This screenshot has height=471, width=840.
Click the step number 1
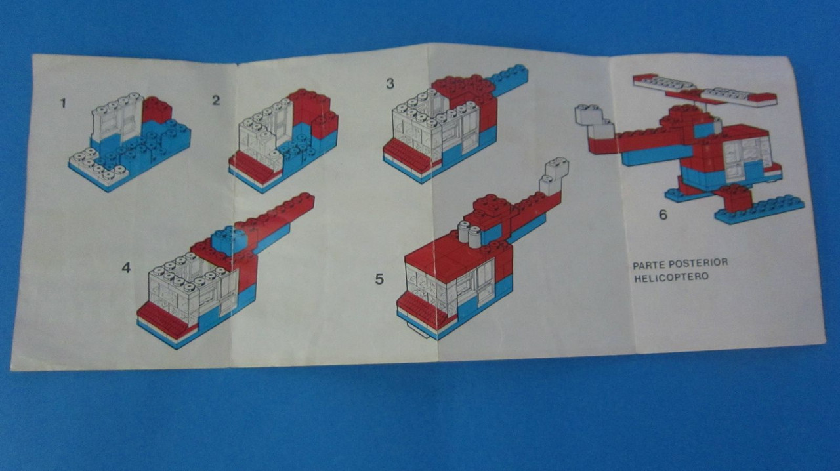63,103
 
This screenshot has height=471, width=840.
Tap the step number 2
216,100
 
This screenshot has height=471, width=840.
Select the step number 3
390,83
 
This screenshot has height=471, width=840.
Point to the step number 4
126,268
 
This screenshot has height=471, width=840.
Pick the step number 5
379,279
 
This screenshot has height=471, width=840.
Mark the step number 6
663,215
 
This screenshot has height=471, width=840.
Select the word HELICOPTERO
671,277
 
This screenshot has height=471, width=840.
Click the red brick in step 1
157,110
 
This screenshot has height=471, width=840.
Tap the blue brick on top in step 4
228,239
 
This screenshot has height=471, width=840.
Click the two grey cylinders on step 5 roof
469,234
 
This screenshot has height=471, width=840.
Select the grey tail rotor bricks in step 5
553,176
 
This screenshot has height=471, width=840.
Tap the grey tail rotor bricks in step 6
595,121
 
